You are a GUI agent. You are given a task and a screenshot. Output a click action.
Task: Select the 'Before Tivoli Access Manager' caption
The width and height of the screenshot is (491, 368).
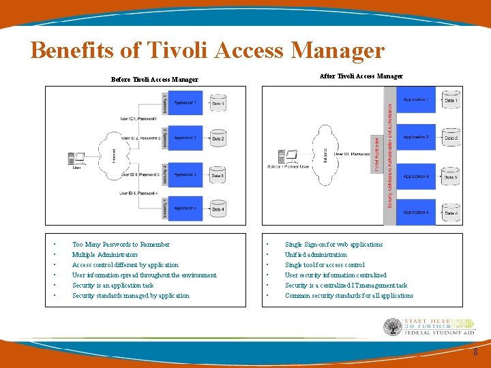[154, 80]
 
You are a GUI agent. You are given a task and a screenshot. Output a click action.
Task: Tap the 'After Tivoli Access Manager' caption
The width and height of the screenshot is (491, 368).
[361, 76]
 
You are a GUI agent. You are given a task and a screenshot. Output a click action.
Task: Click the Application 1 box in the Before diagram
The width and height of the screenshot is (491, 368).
[185, 103]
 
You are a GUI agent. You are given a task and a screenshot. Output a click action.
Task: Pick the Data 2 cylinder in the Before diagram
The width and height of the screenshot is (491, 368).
[218, 139]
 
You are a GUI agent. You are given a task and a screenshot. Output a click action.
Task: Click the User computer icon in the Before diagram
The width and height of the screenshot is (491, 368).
[76, 159]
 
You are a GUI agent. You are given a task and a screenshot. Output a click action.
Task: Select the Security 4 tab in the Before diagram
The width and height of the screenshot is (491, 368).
[164, 209]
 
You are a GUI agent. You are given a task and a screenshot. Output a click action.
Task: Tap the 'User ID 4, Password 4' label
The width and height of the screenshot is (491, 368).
[139, 194]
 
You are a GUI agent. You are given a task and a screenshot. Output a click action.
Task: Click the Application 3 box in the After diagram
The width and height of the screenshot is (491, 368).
[416, 177]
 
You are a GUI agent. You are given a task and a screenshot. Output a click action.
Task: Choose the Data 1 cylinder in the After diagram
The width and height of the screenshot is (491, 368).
[451, 100]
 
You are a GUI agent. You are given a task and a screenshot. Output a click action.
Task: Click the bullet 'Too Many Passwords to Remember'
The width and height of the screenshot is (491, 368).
[121, 245]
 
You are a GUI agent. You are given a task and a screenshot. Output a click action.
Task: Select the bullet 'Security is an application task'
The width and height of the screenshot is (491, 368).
[113, 286]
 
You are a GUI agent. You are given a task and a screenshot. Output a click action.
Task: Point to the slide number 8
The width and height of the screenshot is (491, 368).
[475, 352]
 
